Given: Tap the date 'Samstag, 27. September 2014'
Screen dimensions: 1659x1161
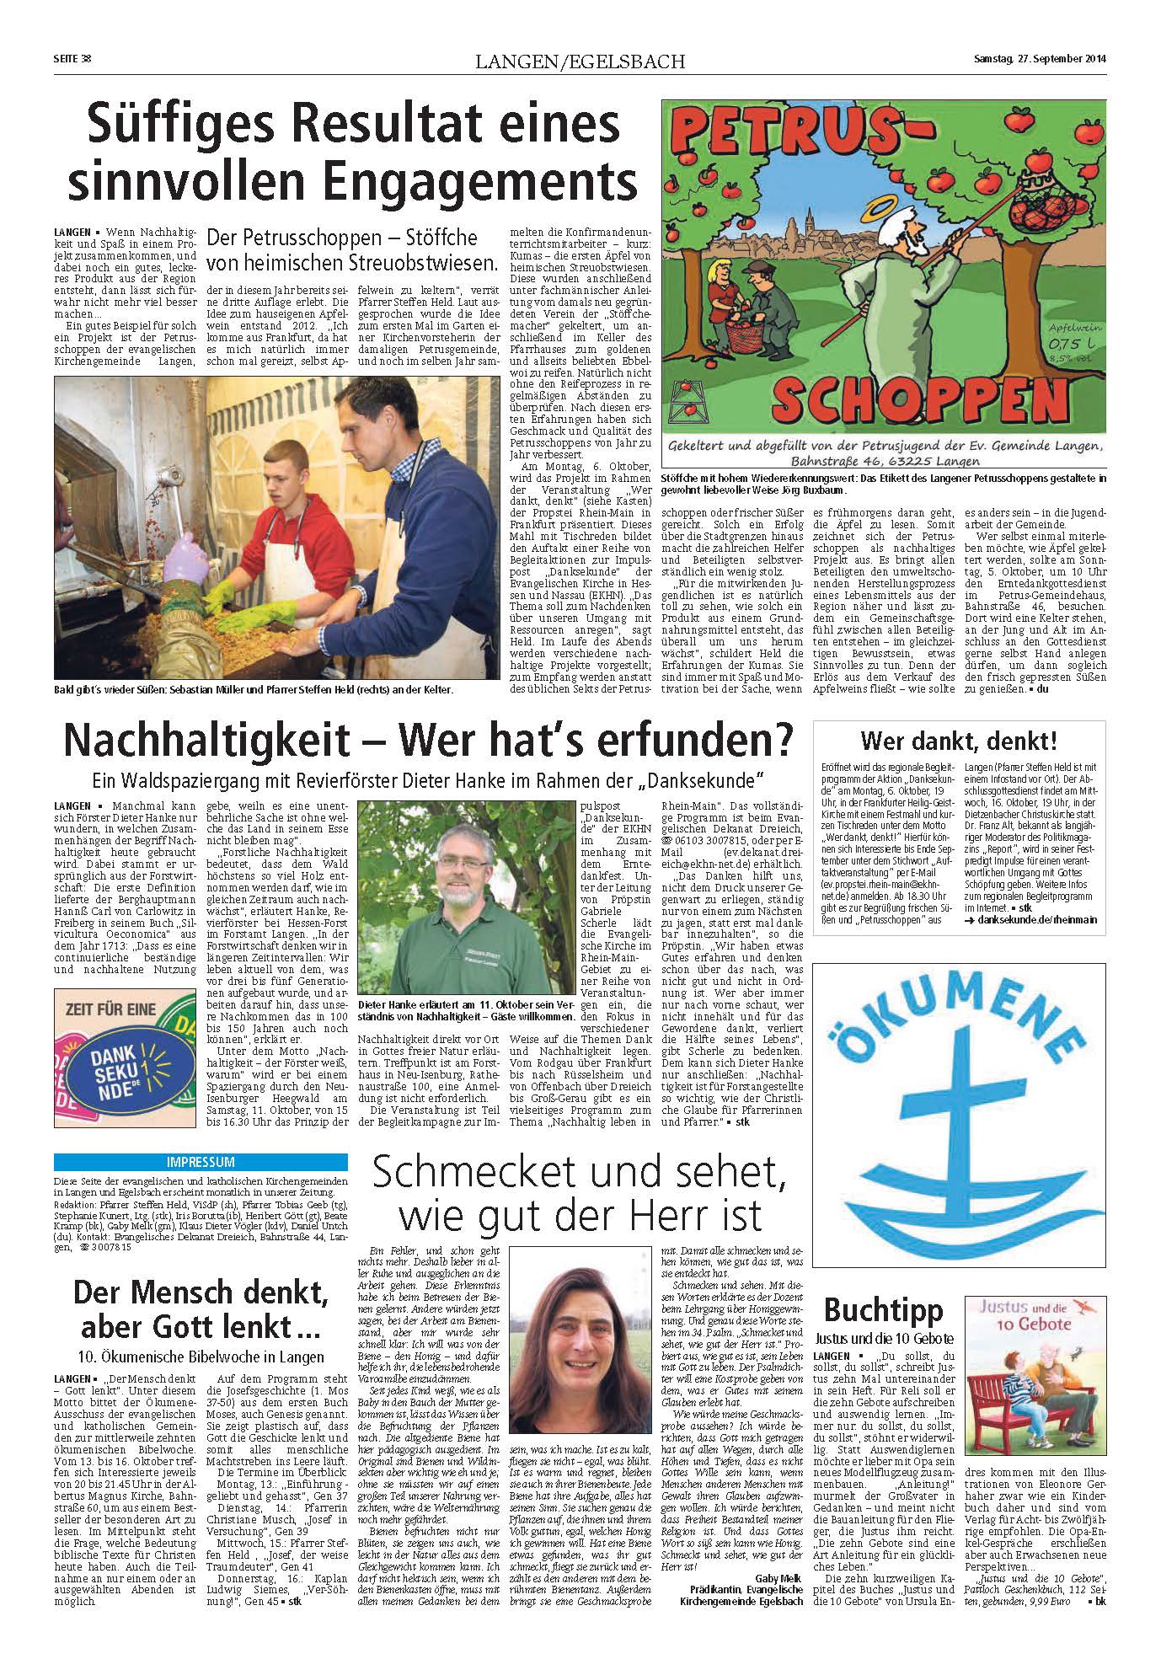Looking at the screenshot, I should [x=1039, y=59].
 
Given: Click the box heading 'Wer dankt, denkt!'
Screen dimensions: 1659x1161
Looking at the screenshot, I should [x=958, y=742].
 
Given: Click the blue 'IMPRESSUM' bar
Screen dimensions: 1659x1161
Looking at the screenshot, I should [x=201, y=1161].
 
